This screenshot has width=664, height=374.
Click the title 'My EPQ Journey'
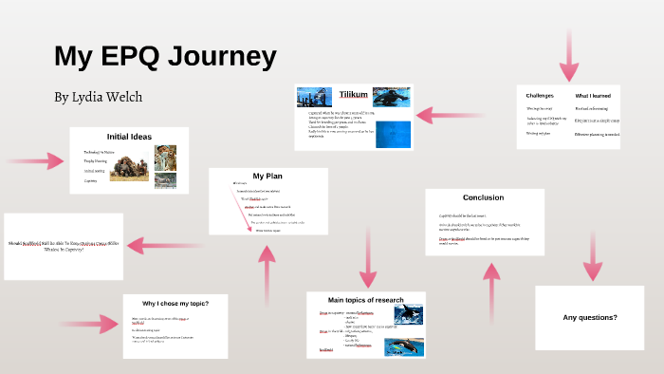165,55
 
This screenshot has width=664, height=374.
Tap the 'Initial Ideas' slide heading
129,137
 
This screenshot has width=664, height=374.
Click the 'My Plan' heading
267,176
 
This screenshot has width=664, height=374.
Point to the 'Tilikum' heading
354,95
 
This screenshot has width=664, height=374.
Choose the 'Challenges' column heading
540,96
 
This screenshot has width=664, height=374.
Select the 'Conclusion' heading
483,197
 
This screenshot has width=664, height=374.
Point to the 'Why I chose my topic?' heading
175,303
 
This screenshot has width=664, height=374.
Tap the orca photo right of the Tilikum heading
392,96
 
